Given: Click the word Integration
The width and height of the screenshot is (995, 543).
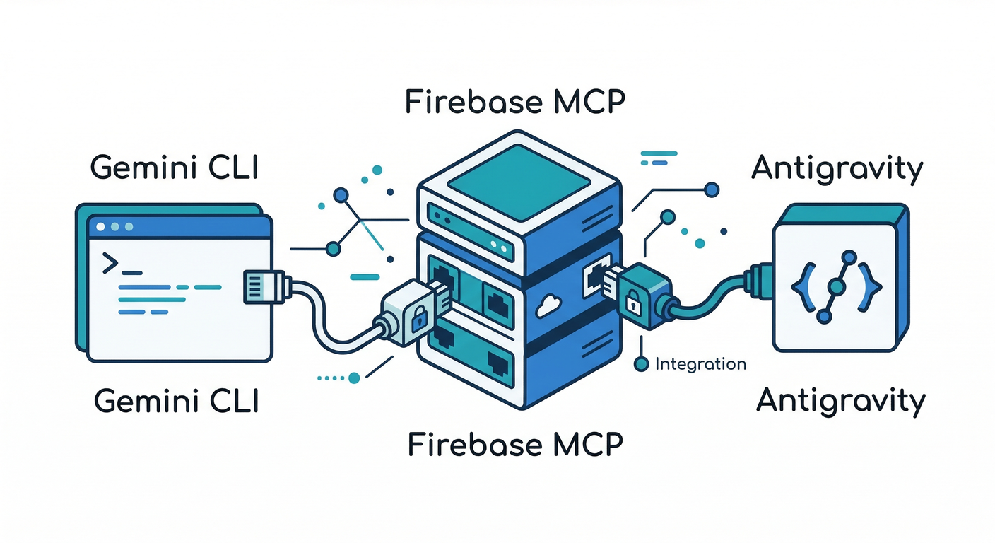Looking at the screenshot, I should tap(700, 364).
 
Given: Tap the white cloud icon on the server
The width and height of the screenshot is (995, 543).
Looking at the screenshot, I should tap(548, 305).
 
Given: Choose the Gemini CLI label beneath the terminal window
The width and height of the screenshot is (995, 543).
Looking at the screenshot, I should tap(176, 401).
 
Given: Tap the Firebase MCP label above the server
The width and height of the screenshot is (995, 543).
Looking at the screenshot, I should tap(515, 103).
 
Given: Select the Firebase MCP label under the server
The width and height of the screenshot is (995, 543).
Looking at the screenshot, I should tap(515, 445).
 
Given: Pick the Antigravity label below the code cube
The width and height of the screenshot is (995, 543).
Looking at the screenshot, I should tap(840, 400).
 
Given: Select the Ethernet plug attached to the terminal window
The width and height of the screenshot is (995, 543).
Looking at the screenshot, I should tap(264, 286).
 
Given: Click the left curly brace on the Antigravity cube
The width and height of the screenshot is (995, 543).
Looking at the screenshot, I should tap(801, 286).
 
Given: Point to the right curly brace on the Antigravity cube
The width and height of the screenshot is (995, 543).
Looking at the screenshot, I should tap(872, 286).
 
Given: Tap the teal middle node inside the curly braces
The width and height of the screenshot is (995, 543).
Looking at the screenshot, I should tap(837, 286).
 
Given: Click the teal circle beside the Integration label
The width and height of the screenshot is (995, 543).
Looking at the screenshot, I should tap(642, 364).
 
